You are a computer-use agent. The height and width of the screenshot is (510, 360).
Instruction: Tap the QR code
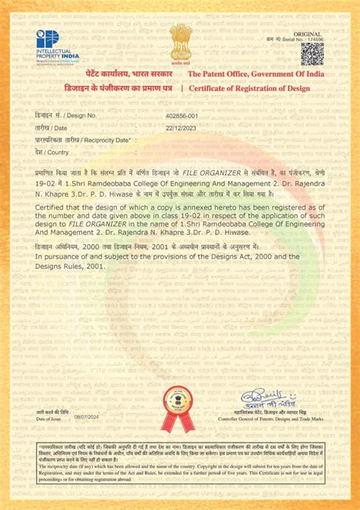tap(312, 54)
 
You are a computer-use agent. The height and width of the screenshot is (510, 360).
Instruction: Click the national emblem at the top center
tap(179, 40)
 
